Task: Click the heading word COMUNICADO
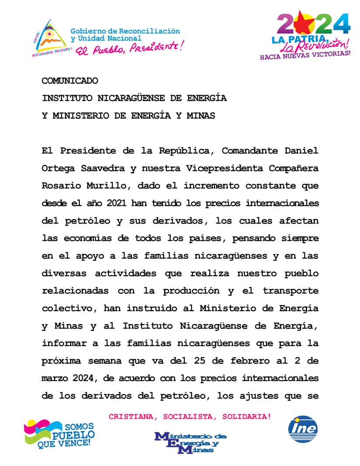click(x=70, y=81)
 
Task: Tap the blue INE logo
click(x=303, y=428)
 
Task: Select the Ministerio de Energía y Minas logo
click(x=190, y=442)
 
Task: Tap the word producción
click(x=191, y=291)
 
